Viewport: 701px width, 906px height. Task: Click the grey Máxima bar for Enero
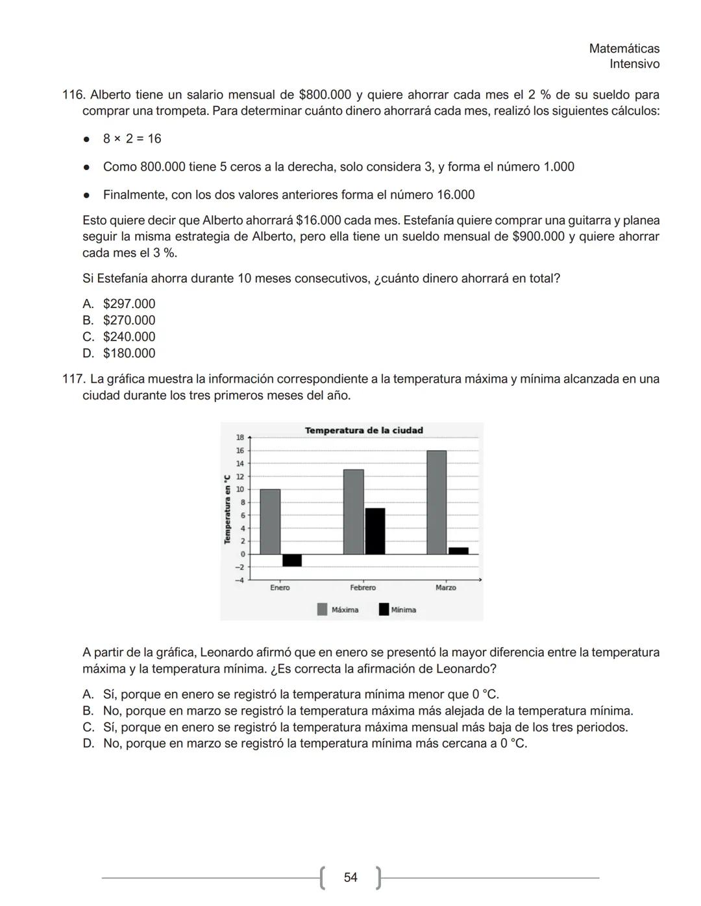click(x=270, y=521)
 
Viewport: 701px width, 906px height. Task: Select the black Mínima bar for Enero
click(x=292, y=560)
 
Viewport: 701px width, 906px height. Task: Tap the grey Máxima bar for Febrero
click(x=354, y=512)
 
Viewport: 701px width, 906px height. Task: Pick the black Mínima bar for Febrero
click(x=375, y=531)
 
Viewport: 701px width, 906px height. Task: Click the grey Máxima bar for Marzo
click(x=437, y=502)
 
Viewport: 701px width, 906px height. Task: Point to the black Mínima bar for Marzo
click(x=458, y=551)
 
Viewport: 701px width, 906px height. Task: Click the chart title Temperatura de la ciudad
click(x=363, y=430)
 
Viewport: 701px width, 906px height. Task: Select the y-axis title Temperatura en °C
click(x=227, y=510)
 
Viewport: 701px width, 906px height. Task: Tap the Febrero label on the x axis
click(x=363, y=588)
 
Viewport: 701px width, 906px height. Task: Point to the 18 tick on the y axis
click(x=240, y=438)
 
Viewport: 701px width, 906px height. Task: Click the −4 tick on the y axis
click(x=240, y=580)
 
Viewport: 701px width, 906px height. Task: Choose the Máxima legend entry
click(x=338, y=610)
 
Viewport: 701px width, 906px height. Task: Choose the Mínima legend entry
click(x=398, y=610)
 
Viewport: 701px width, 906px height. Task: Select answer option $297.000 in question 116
click(x=129, y=304)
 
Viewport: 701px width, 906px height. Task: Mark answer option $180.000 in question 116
click(x=129, y=353)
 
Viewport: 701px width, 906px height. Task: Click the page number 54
click(x=350, y=877)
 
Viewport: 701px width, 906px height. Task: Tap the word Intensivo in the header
click(x=634, y=64)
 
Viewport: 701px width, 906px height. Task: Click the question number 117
click(x=73, y=379)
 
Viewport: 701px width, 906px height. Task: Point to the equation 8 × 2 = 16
click(x=132, y=139)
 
